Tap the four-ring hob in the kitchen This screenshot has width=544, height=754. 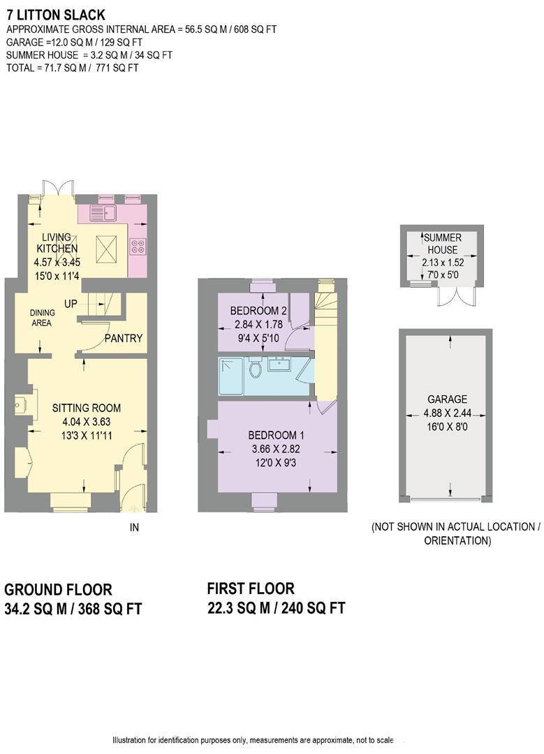pyautogui.click(x=137, y=246)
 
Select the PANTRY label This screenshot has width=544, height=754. pyautogui.click(x=124, y=339)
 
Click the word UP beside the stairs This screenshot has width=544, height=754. pyautogui.click(x=71, y=304)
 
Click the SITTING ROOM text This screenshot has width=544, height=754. pyautogui.click(x=87, y=408)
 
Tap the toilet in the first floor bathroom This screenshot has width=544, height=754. pyautogui.click(x=255, y=367)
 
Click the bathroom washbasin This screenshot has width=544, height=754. pyautogui.click(x=282, y=364)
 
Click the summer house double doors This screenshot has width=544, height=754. pyautogui.click(x=455, y=295)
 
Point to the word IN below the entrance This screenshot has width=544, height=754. pyautogui.click(x=135, y=528)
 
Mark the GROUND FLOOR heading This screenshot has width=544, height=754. pyautogui.click(x=58, y=590)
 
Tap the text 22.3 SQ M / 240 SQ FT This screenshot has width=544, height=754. pyautogui.click(x=277, y=608)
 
